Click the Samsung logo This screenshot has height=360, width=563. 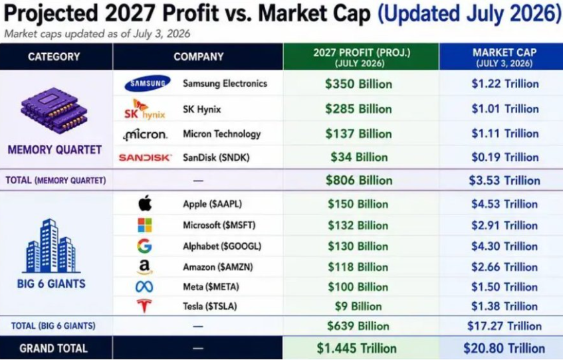click(x=148, y=83)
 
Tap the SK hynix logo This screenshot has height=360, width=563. click(x=145, y=109)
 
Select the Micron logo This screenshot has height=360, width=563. click(x=145, y=135)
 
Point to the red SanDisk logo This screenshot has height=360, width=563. click(x=146, y=157)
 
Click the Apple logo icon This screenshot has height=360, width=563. click(x=145, y=203)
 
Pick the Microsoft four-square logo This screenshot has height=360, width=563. click(x=145, y=225)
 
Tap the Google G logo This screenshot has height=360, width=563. click(x=144, y=246)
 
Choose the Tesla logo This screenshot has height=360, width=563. click(x=144, y=306)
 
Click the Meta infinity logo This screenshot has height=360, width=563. click(x=144, y=286)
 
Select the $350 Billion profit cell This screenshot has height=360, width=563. click(x=359, y=84)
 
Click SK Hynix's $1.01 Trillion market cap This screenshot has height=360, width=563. click(x=505, y=109)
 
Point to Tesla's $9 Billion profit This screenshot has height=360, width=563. click(x=358, y=306)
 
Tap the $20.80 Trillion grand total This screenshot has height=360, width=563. click(x=504, y=348)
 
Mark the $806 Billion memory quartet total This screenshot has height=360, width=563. click(x=359, y=180)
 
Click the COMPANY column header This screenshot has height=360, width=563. click(x=199, y=56)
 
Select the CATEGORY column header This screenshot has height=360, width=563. click(x=54, y=56)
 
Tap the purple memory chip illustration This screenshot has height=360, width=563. click(x=55, y=110)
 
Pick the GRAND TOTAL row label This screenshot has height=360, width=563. click(x=53, y=348)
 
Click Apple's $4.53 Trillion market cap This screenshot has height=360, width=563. click(x=505, y=204)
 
